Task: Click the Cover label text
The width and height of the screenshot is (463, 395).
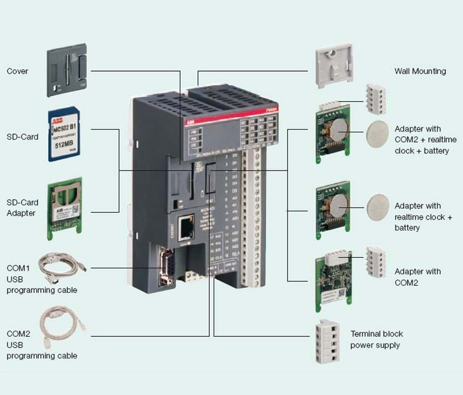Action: click(17, 71)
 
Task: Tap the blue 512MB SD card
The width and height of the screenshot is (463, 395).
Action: click(66, 135)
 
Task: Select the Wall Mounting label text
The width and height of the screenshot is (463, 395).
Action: click(420, 71)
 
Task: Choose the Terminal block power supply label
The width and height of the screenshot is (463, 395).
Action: click(376, 339)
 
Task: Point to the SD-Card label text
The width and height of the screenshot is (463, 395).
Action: click(23, 137)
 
